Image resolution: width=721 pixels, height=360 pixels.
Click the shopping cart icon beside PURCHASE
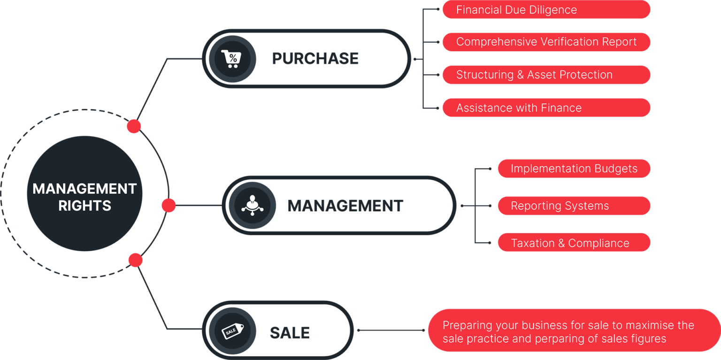click(x=232, y=59)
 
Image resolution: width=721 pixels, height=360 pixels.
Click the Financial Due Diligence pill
click(x=546, y=10)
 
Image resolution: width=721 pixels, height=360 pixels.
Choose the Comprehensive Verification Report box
click(x=546, y=42)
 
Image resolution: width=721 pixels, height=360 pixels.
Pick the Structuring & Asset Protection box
click(x=546, y=75)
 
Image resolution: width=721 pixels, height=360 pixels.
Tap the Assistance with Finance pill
click(x=546, y=107)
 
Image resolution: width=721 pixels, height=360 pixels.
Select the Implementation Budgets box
click(x=574, y=169)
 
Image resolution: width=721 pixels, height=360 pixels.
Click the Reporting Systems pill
click(x=574, y=206)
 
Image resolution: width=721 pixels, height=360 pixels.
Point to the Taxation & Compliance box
click(x=574, y=243)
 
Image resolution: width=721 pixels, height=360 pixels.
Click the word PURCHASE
click(x=315, y=59)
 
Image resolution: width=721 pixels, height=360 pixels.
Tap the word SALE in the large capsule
click(x=290, y=333)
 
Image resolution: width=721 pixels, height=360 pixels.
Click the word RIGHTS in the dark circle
click(x=85, y=206)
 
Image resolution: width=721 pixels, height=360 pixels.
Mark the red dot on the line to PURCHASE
click(x=134, y=126)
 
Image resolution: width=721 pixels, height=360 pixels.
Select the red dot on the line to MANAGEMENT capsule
click(x=169, y=205)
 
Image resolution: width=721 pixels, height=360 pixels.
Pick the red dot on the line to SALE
click(x=135, y=260)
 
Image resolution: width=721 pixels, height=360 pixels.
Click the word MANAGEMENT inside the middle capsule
click(x=345, y=206)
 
